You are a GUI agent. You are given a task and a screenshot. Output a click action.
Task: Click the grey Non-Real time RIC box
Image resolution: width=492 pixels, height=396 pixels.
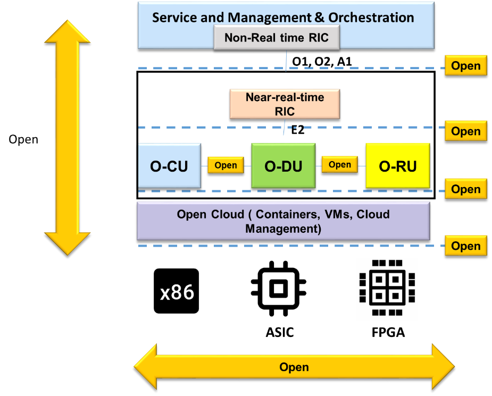(277, 38)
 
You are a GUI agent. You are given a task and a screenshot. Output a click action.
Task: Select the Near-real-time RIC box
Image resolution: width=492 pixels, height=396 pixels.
(285, 104)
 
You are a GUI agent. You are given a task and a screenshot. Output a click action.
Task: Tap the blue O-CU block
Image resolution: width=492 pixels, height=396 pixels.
(169, 165)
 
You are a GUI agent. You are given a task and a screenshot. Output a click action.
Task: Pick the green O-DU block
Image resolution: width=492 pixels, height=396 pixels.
(283, 165)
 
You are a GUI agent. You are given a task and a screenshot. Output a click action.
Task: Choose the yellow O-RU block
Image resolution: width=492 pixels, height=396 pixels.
(397, 165)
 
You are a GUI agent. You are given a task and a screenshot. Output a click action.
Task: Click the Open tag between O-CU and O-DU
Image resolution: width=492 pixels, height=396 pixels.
(226, 165)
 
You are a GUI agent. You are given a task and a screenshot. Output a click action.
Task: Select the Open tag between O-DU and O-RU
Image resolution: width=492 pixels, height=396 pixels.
(339, 165)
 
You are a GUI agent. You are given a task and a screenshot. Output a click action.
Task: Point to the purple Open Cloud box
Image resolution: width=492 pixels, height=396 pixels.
(283, 221)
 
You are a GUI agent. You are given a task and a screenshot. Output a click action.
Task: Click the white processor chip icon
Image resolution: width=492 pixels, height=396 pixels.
(387, 289)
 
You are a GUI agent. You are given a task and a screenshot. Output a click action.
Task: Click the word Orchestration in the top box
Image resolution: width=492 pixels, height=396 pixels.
(371, 18)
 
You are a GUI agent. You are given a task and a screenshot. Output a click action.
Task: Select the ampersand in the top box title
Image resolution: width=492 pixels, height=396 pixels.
(319, 18)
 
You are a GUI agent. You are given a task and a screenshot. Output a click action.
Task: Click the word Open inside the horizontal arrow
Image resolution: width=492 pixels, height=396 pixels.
(294, 367)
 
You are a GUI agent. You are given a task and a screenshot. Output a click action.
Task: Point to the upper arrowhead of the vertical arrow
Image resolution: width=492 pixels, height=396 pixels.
(68, 32)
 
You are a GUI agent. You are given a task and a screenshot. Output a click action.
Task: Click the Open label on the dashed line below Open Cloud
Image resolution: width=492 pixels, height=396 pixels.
(465, 246)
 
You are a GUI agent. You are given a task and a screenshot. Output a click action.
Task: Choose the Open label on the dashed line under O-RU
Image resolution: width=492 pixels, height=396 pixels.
(465, 189)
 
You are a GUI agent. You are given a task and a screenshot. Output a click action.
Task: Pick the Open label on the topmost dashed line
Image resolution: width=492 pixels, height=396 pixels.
(465, 66)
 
